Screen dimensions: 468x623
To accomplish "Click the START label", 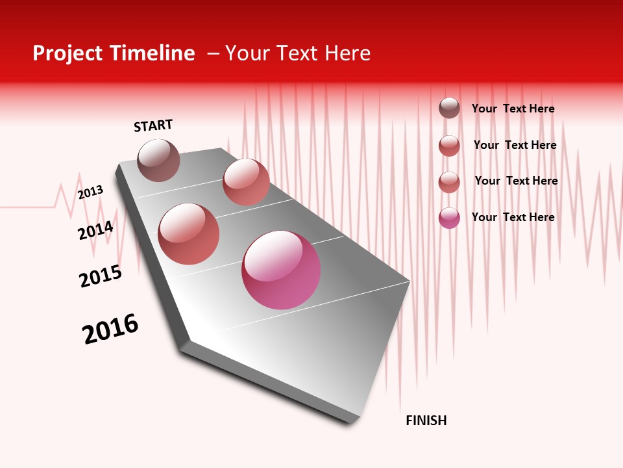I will (x=153, y=125).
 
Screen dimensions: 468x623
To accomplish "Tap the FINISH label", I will (x=426, y=421).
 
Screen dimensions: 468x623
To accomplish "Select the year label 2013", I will (x=90, y=192).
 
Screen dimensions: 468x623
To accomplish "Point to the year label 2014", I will (x=95, y=230).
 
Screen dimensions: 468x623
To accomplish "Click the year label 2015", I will (x=101, y=276).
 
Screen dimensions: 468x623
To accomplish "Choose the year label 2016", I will (x=110, y=329).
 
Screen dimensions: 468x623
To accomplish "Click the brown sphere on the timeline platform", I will (x=158, y=160).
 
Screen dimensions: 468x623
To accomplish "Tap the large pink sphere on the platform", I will (x=281, y=270).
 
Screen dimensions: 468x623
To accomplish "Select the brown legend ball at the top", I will (x=449, y=108).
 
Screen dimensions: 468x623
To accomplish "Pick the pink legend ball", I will (x=449, y=218).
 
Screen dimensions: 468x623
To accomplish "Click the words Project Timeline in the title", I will (x=114, y=53).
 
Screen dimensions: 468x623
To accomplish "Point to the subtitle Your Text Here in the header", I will (x=298, y=53).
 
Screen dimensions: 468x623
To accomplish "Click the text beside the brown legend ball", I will (x=513, y=109).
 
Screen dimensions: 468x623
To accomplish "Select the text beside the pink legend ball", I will (x=513, y=217).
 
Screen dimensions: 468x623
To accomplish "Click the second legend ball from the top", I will (x=449, y=146).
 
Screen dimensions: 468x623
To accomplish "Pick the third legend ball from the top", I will (x=449, y=182).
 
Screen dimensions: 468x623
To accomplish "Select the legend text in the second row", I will (x=515, y=145).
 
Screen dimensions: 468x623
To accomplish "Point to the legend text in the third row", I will (x=516, y=181).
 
